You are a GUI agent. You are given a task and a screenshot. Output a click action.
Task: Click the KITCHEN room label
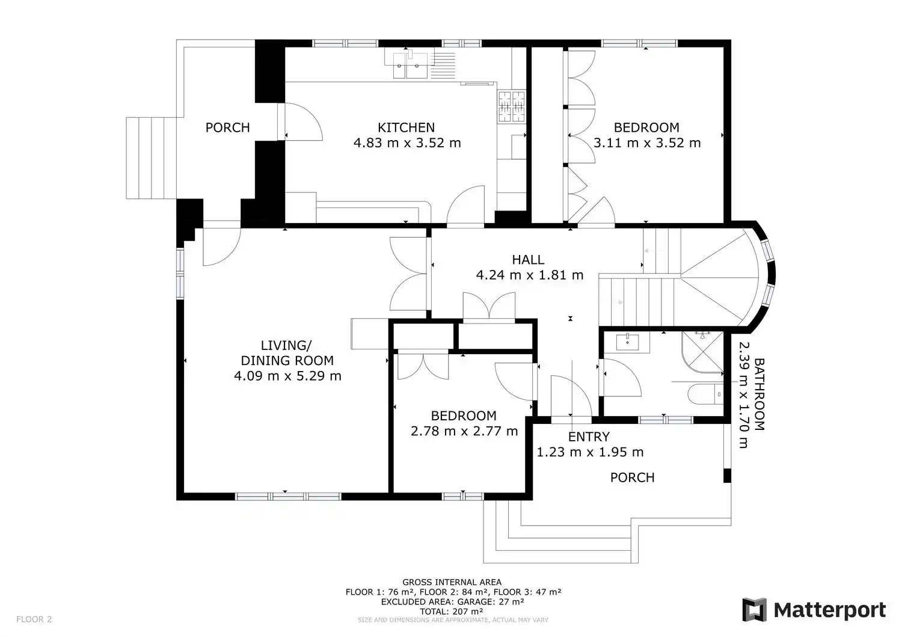tap(406, 127)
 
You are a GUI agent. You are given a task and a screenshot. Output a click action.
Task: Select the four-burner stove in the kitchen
tap(512, 106)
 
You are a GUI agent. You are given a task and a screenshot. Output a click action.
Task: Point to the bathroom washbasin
tap(627, 342)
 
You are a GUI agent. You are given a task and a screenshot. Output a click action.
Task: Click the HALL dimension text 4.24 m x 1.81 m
tap(530, 275)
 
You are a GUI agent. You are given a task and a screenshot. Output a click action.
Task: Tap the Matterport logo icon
tap(754, 610)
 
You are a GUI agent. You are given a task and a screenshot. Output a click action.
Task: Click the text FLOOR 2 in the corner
tap(34, 619)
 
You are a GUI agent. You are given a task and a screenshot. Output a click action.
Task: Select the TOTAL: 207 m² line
tap(452, 612)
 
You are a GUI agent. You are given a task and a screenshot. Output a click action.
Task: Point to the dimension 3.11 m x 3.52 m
tap(647, 143)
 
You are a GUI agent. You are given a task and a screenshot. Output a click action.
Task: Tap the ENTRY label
tap(589, 437)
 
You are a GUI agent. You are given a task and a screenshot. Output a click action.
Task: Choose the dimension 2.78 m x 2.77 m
tap(464, 431)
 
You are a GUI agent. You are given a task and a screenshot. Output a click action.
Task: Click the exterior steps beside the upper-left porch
tap(152, 158)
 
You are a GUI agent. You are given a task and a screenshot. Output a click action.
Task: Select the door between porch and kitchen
tap(300, 121)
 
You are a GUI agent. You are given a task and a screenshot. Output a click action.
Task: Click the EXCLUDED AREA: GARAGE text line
tap(452, 602)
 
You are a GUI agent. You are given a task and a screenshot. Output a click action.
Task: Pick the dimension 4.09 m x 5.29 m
tap(287, 376)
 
